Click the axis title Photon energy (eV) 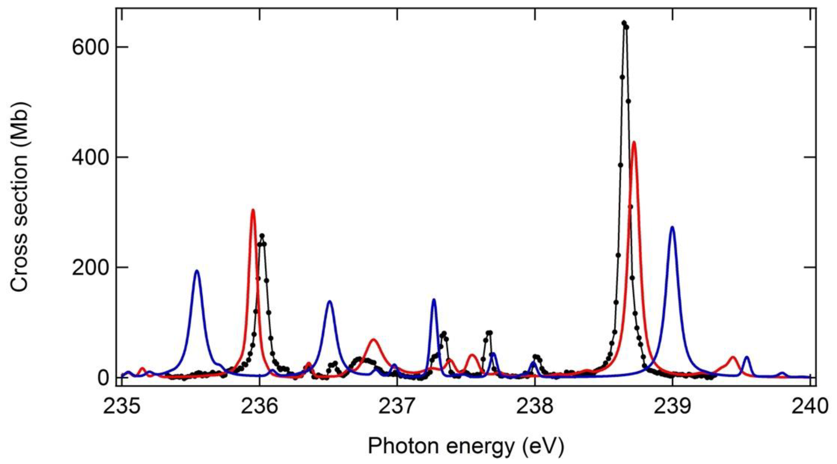coord(466,446)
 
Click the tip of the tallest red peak coord(634,142)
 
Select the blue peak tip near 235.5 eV coord(197,271)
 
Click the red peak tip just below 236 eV coord(253,210)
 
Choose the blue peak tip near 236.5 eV coord(330,301)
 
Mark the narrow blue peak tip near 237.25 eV coord(434,299)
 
